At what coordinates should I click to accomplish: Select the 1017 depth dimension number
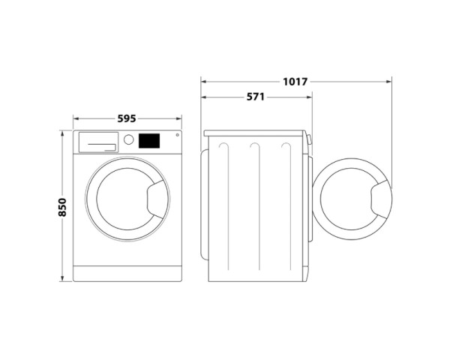click(296, 81)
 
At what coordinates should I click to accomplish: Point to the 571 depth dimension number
click(256, 97)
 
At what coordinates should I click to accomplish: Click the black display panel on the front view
click(150, 140)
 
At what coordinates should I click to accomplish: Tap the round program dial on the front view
click(128, 140)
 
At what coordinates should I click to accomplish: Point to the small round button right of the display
click(177, 136)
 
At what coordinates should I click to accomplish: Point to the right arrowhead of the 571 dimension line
click(310, 97)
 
